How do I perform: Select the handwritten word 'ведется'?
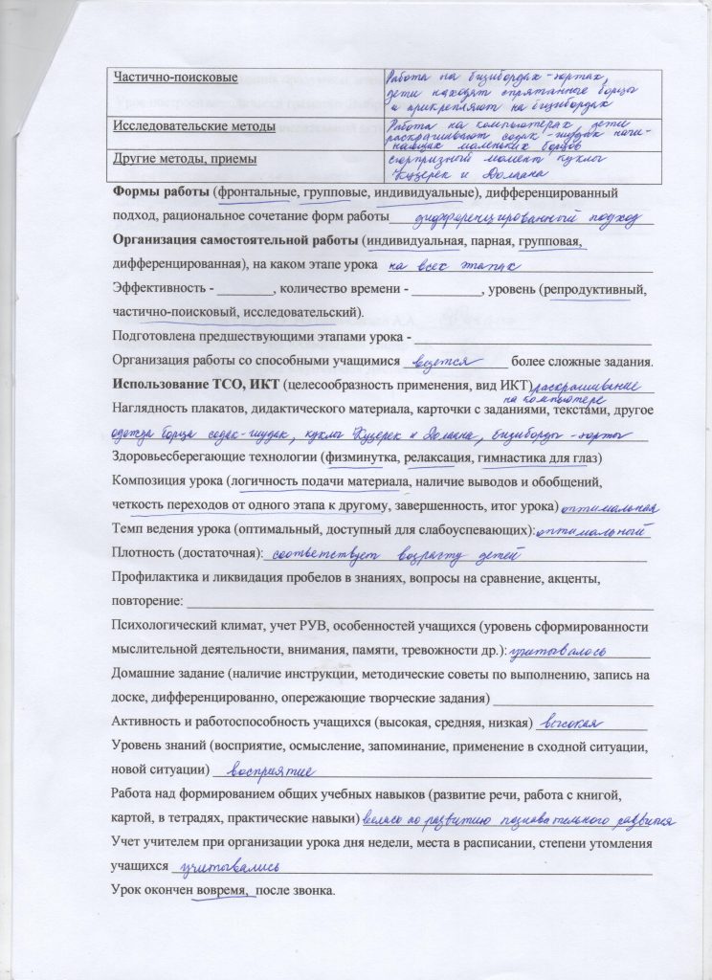pos(442,362)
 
